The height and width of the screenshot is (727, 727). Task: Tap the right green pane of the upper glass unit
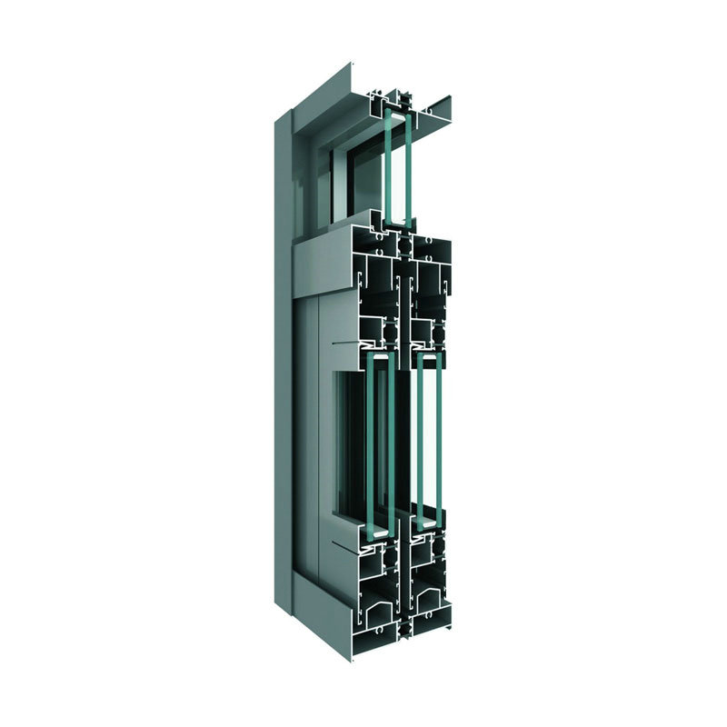coord(407,168)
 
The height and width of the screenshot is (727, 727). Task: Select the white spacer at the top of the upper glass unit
coord(397,112)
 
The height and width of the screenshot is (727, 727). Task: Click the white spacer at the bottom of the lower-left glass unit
coord(377,524)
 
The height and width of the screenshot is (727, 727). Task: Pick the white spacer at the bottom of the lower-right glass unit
coord(425,524)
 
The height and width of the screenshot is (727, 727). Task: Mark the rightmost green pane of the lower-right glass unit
coord(441,445)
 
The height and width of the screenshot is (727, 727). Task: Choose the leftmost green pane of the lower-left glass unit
coord(370,445)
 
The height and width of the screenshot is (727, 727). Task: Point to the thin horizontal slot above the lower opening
coord(345,344)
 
